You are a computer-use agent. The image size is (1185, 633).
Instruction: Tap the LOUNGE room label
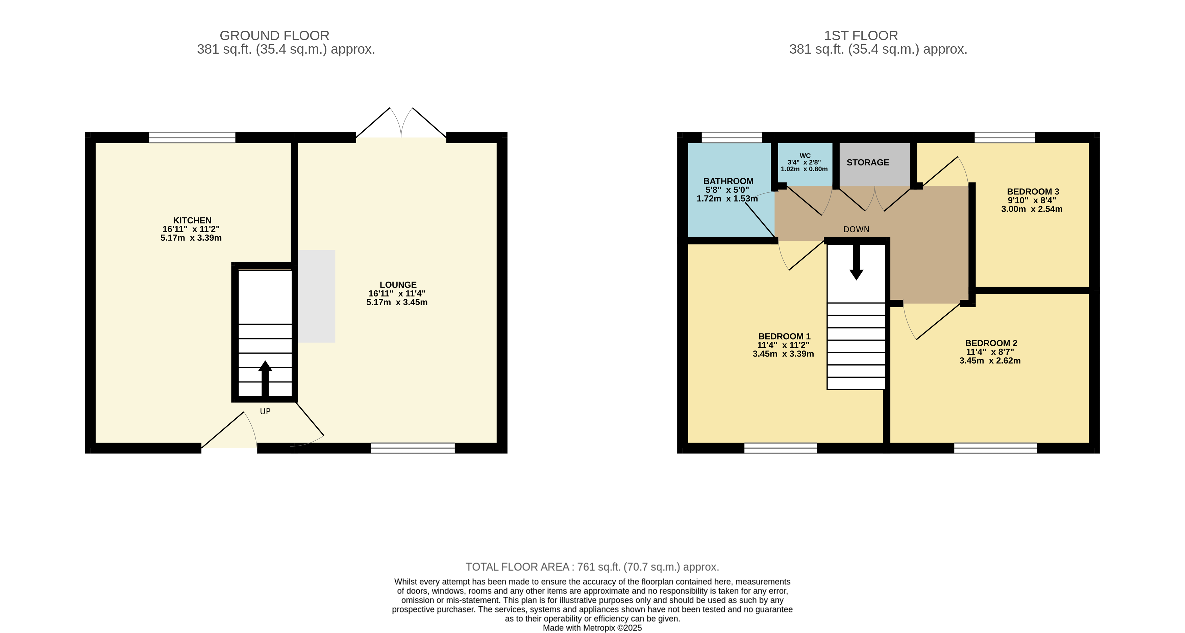coord(398,285)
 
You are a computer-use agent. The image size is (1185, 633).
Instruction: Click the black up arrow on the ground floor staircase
coord(265,379)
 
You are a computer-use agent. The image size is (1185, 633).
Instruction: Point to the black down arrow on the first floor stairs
coord(856,262)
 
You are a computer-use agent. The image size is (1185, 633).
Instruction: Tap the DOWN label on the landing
coord(856,229)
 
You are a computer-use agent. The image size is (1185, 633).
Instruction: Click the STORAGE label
coord(868,162)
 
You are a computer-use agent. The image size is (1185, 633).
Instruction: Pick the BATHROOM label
coord(728,181)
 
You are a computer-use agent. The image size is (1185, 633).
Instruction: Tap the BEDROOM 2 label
coord(991,343)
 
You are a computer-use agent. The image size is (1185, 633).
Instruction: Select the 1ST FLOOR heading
coord(861,35)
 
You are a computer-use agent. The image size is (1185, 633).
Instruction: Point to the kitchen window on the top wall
coord(192,137)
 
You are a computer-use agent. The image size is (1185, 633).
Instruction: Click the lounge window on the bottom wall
coord(413,448)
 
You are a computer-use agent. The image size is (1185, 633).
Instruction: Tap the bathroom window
coord(732,137)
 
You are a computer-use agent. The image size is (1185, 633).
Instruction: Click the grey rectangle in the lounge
coord(317,296)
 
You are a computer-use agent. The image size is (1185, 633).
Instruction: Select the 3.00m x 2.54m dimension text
coord(1032,209)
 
